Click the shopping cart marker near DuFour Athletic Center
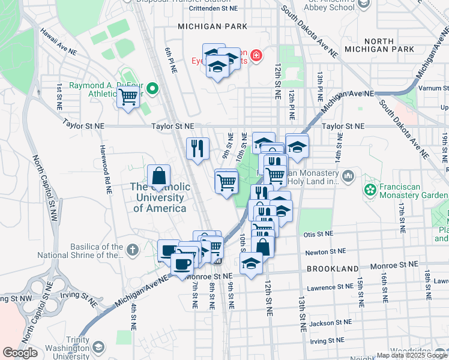(x=128, y=96)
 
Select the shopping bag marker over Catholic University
(x=158, y=176)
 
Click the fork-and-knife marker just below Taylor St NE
(x=197, y=148)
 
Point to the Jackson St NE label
(x=327, y=323)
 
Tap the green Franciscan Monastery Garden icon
(x=371, y=190)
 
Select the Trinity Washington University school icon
(x=98, y=347)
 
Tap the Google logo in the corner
(x=20, y=353)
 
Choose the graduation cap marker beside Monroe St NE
(x=251, y=263)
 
